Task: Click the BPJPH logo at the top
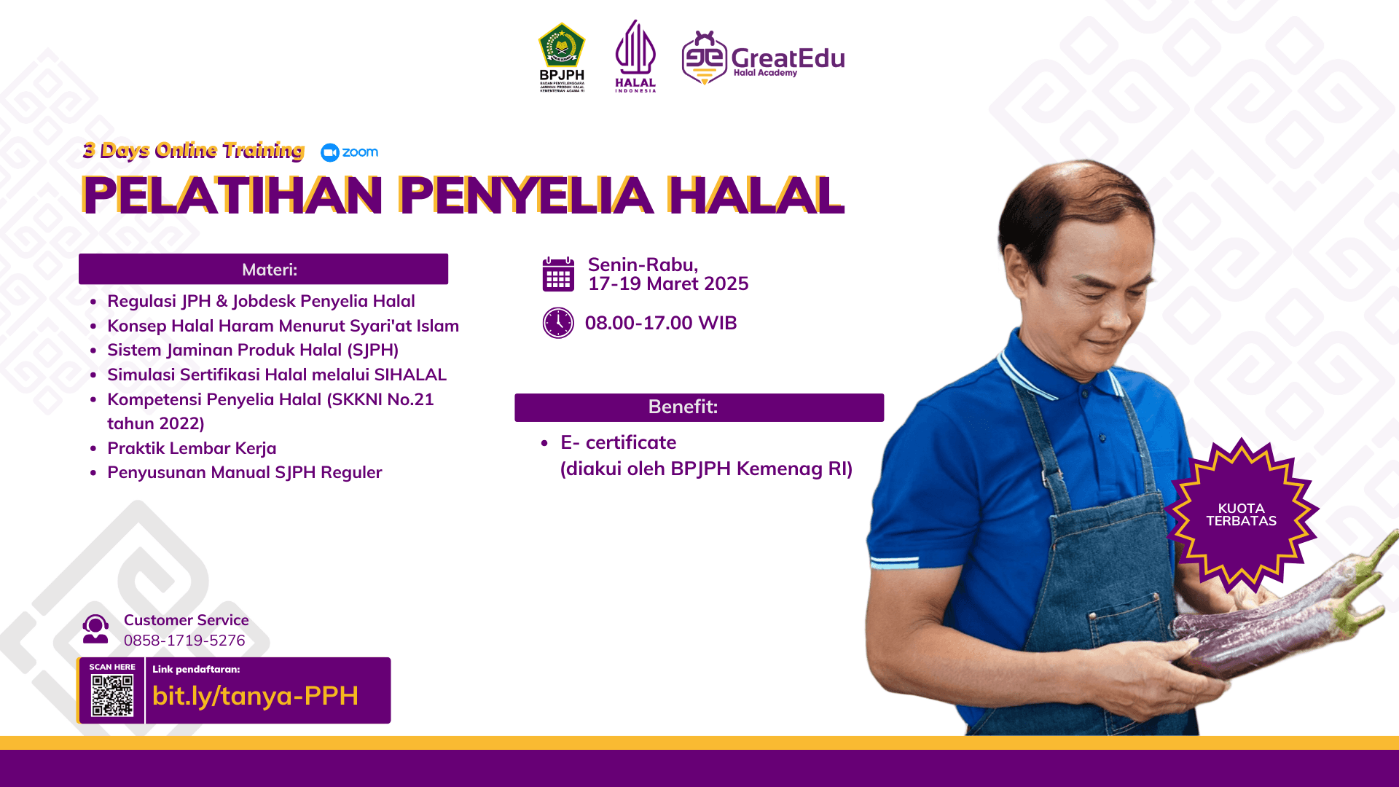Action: [561, 57]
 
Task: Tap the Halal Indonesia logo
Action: [635, 56]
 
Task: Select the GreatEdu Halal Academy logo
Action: [762, 58]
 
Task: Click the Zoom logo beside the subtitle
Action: [350, 152]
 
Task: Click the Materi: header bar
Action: [263, 270]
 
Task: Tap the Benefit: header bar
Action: [699, 407]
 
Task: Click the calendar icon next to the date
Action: [558, 275]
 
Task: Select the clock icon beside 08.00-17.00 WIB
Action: [558, 323]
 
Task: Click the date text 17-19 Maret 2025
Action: [668, 284]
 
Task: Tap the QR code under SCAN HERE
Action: [112, 695]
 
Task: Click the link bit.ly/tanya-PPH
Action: [255, 696]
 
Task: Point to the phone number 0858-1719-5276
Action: [184, 641]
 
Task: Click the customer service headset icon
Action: [95, 629]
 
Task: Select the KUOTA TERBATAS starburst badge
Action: [1241, 515]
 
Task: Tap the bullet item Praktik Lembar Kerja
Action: [192, 448]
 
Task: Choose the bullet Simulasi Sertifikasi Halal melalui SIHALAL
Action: [276, 375]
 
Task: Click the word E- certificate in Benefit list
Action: [618, 442]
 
